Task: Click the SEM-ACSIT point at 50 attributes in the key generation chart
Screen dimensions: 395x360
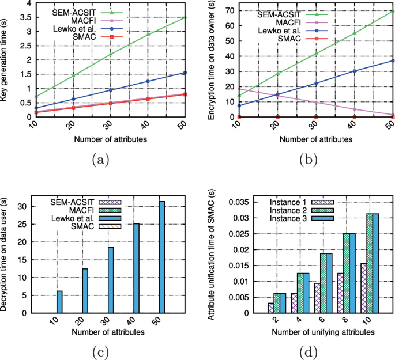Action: [185, 17]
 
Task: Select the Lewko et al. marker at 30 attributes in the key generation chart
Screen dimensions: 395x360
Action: [110, 90]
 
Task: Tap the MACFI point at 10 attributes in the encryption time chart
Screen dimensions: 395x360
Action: [239, 89]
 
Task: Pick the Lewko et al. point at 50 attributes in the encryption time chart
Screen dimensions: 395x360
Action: [393, 60]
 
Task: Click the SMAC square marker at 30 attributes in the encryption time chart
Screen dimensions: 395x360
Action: [316, 117]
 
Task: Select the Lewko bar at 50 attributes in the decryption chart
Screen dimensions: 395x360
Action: [161, 257]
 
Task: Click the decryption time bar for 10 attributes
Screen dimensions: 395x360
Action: [59, 302]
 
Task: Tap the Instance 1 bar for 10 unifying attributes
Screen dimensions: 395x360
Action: [364, 289]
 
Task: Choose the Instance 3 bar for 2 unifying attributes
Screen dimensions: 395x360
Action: [283, 303]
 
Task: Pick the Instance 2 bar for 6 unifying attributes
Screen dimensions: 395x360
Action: [323, 283]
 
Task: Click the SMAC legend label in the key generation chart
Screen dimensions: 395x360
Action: [84, 37]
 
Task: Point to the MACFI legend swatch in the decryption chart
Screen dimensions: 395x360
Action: [110, 210]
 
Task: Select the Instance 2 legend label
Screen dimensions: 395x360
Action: [288, 210]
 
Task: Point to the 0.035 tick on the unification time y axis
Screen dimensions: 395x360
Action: [239, 202]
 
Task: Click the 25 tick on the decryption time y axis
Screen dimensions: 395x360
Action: [22, 225]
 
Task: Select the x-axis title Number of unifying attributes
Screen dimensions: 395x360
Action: [323, 332]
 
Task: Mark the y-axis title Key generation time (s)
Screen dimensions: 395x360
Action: [3, 60]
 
